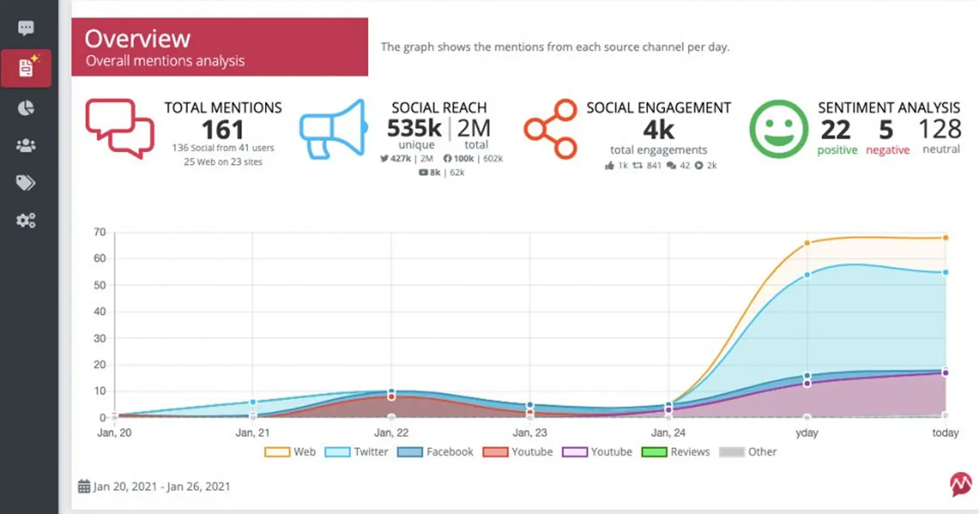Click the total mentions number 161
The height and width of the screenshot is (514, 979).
(x=223, y=130)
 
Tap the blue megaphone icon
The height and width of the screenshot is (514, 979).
(x=333, y=130)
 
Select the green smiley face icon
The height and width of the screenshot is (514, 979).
(x=778, y=129)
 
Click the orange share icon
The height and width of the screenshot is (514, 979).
(x=551, y=129)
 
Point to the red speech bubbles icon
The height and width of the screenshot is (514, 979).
(x=119, y=128)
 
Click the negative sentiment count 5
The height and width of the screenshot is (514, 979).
(x=886, y=130)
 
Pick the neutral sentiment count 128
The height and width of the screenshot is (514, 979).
(x=940, y=129)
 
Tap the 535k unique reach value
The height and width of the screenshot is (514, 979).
(x=414, y=128)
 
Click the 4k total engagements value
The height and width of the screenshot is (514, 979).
(x=658, y=130)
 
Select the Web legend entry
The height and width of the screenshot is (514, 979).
(x=291, y=452)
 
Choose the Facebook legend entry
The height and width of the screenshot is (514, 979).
(x=435, y=452)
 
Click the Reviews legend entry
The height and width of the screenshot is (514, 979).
(x=676, y=452)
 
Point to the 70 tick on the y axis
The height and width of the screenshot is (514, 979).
(x=100, y=232)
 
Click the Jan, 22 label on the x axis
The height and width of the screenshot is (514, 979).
(x=391, y=433)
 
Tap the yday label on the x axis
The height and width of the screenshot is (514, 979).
(x=806, y=433)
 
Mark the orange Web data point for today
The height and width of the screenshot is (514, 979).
(x=945, y=237)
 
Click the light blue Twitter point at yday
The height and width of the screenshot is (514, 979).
(x=807, y=275)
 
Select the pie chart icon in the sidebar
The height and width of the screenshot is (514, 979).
(x=26, y=108)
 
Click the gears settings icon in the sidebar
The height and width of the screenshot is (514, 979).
(x=26, y=220)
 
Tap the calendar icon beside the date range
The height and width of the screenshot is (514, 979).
(x=84, y=486)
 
